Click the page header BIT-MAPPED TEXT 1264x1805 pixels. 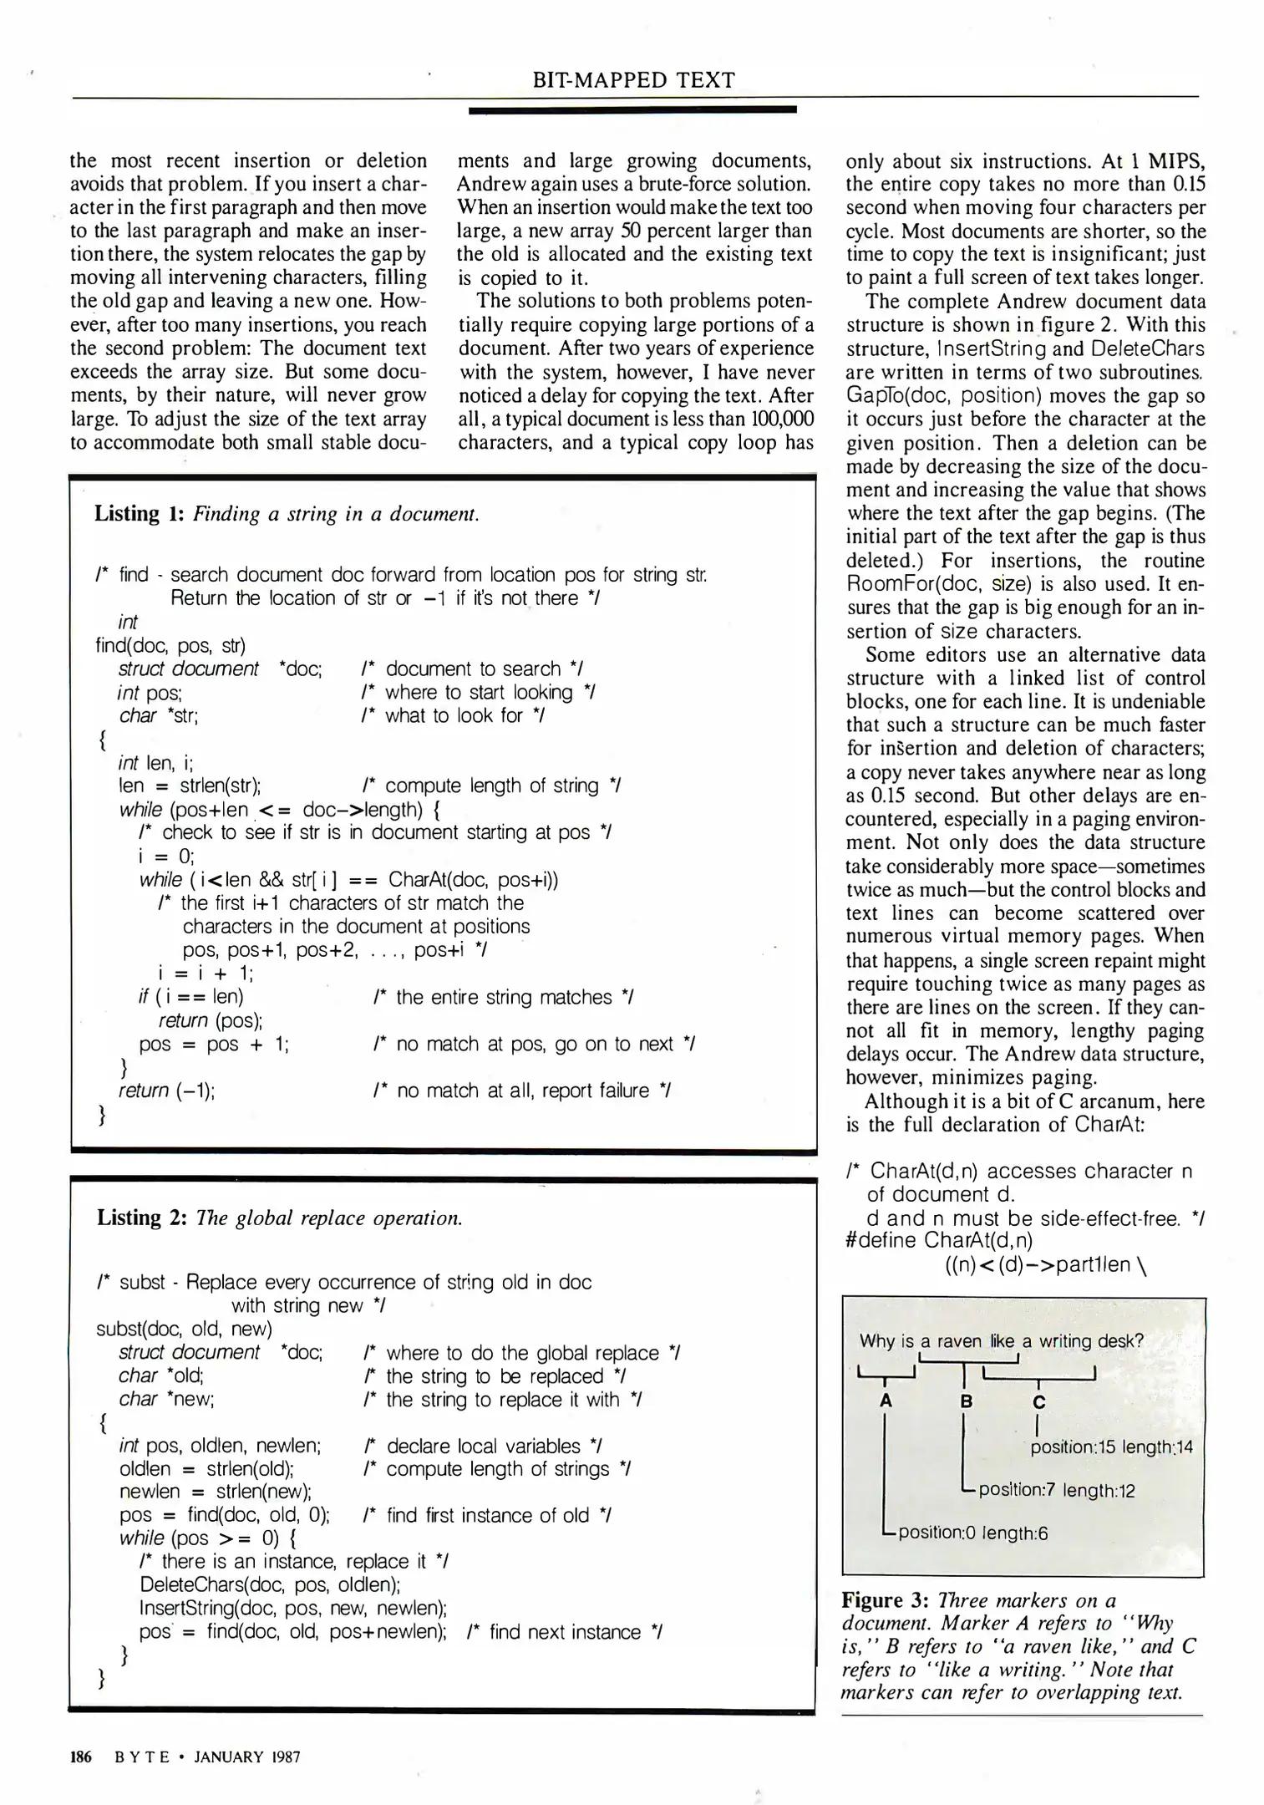point(633,80)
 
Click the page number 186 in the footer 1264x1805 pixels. point(80,1757)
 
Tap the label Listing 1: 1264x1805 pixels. point(138,513)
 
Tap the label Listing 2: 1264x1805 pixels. point(140,1218)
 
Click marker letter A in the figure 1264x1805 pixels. point(886,1401)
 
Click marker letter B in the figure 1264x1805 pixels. point(966,1401)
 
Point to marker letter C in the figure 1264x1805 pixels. point(1038,1402)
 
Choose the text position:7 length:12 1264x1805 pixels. point(1056,1490)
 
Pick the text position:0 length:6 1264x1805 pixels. point(972,1533)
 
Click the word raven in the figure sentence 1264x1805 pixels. point(959,1341)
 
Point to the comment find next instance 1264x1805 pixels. point(565,1632)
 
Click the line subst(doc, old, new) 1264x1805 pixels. point(184,1329)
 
